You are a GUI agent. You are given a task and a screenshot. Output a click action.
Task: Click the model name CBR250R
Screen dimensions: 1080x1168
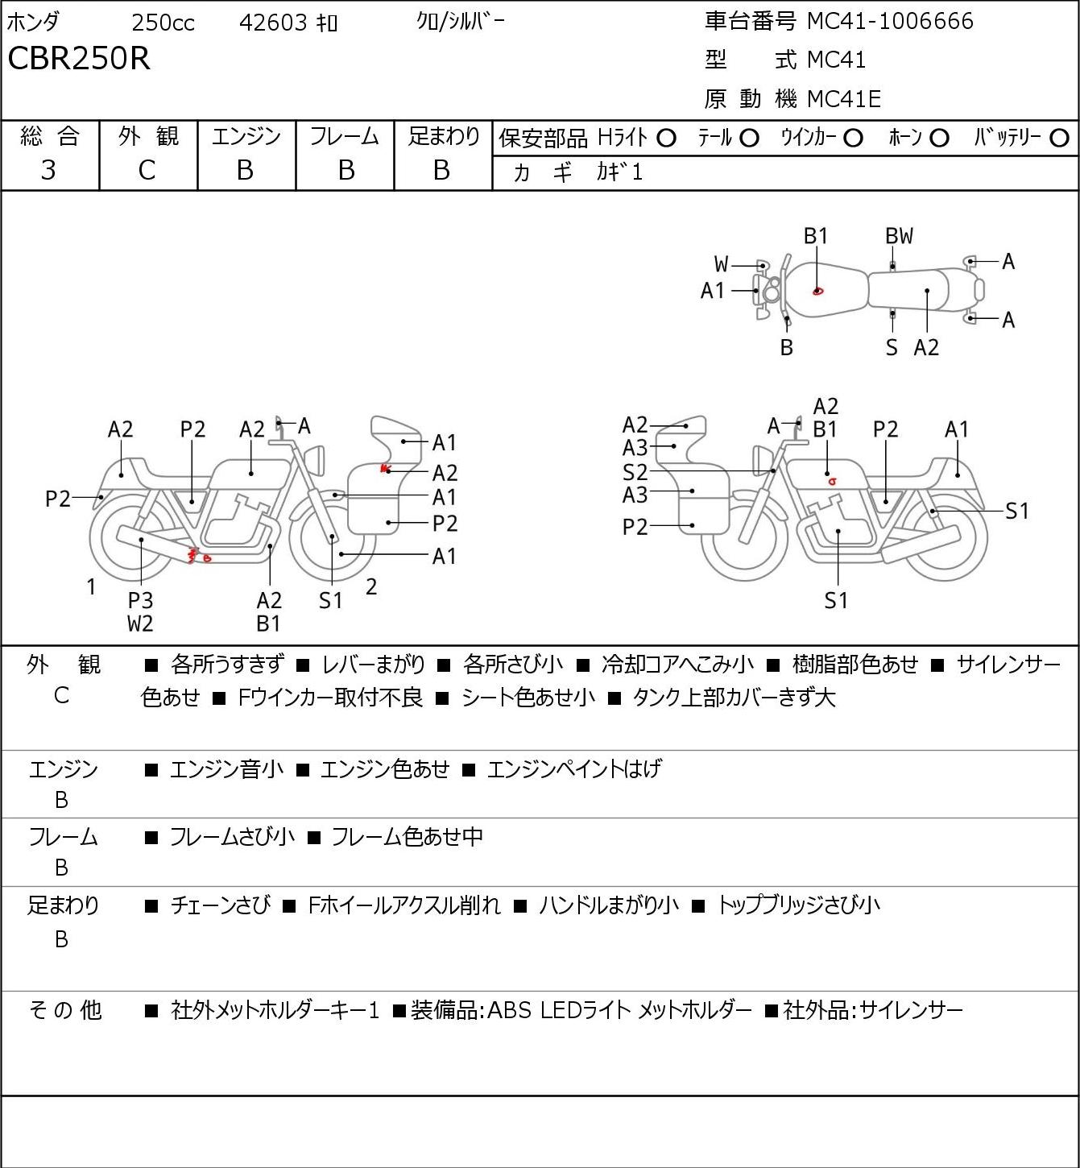click(79, 58)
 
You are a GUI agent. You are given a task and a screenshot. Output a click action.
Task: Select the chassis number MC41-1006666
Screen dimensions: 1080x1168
click(890, 21)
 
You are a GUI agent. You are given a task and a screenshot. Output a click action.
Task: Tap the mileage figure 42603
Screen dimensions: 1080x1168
click(273, 23)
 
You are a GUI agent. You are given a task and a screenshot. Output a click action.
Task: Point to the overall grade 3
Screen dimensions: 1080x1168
click(48, 171)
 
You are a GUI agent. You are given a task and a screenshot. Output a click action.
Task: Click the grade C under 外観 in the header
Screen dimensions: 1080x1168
click(147, 171)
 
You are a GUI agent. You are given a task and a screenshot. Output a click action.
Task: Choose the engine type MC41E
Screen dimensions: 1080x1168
click(844, 99)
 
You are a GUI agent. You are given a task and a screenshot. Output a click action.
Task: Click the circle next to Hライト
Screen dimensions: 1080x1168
click(666, 139)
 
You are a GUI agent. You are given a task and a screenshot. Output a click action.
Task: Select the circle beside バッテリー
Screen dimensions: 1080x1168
click(1059, 139)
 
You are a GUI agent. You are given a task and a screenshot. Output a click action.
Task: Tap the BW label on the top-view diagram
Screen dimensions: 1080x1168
click(899, 236)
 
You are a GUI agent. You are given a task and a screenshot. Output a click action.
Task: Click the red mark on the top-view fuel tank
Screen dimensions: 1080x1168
click(817, 291)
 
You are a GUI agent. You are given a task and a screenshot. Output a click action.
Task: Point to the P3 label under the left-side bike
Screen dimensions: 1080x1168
click(141, 600)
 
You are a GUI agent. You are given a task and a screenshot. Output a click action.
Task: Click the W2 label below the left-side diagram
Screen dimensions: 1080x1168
click(140, 623)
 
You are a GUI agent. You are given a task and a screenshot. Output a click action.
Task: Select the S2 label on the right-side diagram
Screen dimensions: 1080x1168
click(635, 472)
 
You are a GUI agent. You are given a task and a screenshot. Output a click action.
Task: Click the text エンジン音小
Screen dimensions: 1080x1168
click(227, 768)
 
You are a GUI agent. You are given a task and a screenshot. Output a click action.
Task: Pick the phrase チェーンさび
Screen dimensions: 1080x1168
click(221, 905)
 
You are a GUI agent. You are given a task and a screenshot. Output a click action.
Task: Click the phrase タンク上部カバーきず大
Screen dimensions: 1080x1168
click(734, 698)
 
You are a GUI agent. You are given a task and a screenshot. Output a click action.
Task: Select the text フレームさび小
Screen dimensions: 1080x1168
click(232, 836)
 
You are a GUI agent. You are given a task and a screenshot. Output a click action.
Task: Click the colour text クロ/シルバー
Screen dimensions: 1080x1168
click(461, 23)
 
